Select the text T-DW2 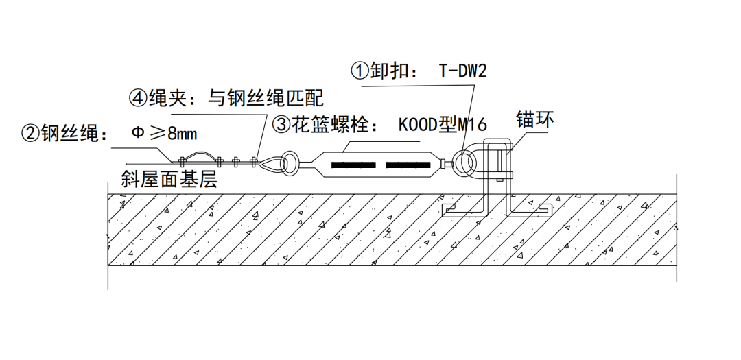462,71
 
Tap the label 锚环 535,121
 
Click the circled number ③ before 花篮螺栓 282,125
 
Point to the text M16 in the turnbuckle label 473,125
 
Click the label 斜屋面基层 169,180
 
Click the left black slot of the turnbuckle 353,165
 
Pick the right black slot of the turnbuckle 410,165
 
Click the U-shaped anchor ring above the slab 497,161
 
